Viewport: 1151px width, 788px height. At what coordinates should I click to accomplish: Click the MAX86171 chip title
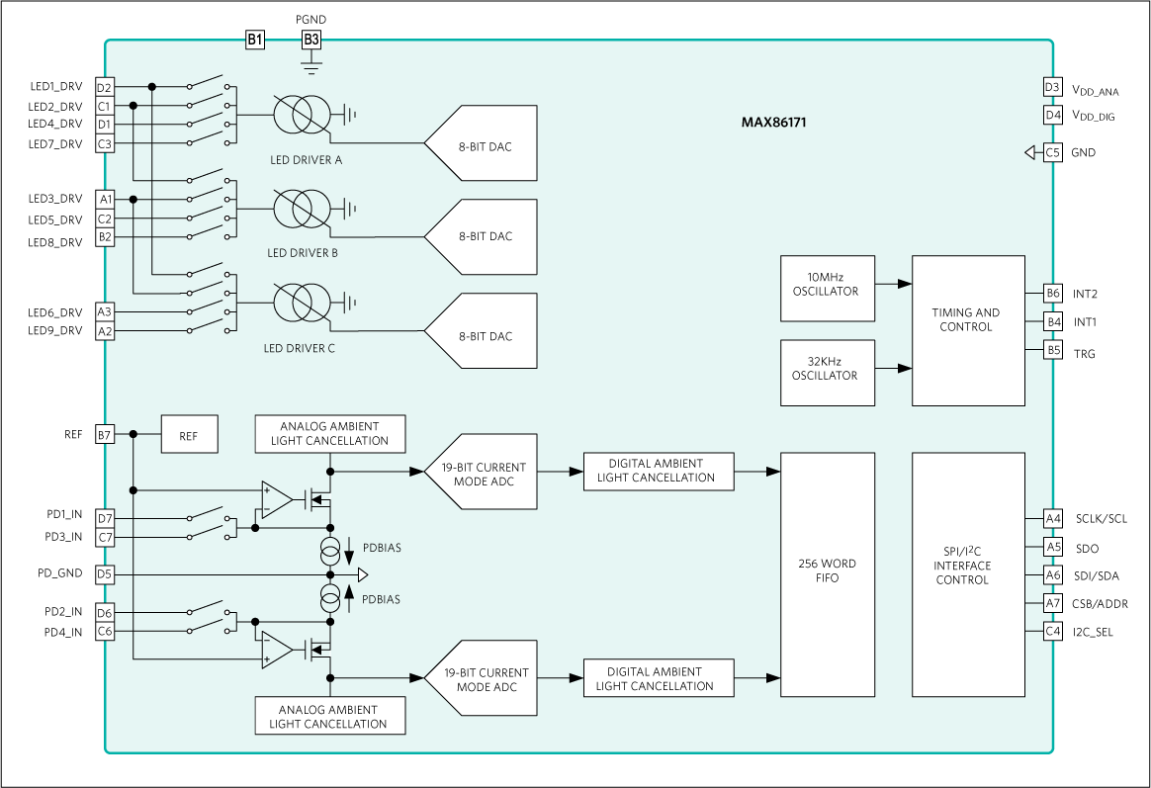776,124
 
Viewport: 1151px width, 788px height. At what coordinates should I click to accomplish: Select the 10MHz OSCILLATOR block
827,289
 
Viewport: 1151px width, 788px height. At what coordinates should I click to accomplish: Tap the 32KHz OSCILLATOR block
827,373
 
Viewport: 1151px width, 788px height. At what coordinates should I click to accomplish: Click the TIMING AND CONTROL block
967,330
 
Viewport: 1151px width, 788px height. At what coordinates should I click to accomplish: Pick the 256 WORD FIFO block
827,574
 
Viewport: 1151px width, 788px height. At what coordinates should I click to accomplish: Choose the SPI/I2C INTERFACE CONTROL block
967,574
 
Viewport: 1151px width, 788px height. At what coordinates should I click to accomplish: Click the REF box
189,434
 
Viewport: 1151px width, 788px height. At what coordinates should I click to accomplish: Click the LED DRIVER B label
302,253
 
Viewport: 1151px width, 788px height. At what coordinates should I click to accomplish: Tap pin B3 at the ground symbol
311,40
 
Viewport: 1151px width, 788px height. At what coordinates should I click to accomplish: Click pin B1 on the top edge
254,40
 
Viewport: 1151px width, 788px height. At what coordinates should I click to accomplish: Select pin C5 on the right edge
1053,152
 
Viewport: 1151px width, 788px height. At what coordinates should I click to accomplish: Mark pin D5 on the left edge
105,574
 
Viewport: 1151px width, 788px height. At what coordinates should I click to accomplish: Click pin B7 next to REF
105,434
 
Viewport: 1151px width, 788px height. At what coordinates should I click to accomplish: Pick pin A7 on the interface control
1053,603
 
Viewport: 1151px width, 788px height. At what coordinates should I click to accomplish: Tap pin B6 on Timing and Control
1053,294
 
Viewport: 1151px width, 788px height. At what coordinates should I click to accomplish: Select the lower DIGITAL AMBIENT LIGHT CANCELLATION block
659,679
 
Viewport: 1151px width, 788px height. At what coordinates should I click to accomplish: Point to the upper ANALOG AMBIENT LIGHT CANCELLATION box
330,433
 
